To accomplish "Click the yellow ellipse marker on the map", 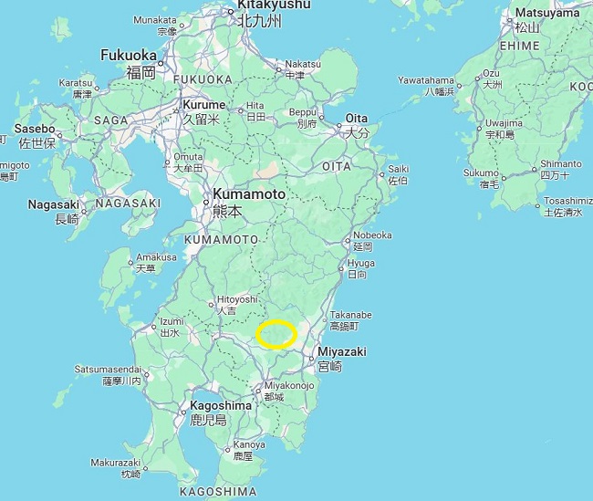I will pos(276,335).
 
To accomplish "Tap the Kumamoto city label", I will pos(248,194).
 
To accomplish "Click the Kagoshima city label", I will pos(221,405).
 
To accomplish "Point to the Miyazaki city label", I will pos(343,351).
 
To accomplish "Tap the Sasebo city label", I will pos(35,130).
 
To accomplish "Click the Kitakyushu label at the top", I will pos(274,5).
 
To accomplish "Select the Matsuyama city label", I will pos(546,13).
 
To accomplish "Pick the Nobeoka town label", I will pos(372,235).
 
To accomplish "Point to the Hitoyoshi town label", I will pos(237,298).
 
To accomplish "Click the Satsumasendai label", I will pos(107,369).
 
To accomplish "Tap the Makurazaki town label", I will pos(116,462).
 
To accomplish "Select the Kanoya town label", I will pos(249,444).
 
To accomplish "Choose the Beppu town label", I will pos(302,111).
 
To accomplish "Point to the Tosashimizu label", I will pos(567,200).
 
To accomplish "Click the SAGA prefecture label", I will pos(110,120).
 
